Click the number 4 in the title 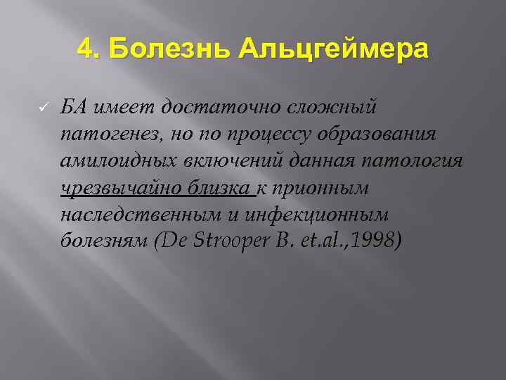(85, 49)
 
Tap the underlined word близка (220, 188)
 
